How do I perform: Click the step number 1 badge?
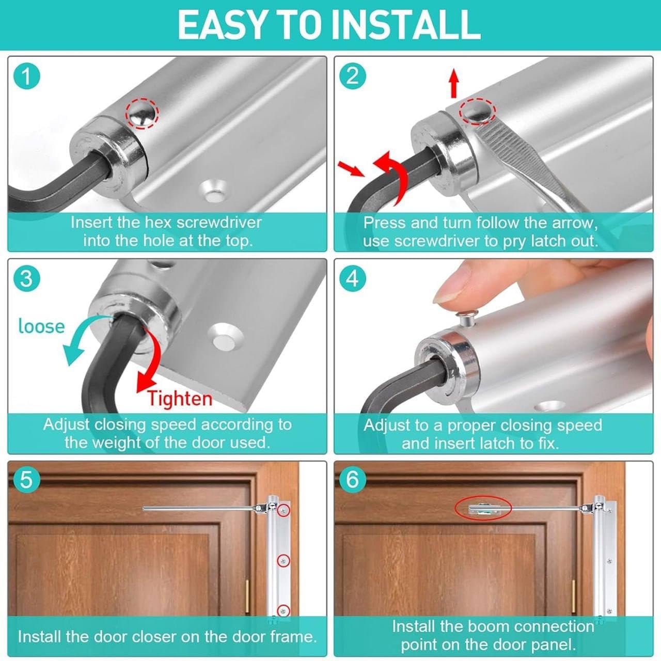point(26,76)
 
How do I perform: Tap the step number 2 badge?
point(352,76)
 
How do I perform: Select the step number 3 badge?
point(26,278)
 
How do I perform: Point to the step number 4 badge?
point(352,278)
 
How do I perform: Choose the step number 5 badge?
point(26,480)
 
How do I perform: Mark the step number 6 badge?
point(352,480)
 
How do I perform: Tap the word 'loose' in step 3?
point(41,326)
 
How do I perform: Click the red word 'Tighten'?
point(180,399)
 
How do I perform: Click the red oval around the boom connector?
point(483,509)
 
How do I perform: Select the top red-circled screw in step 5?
point(284,510)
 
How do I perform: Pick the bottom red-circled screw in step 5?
point(284,610)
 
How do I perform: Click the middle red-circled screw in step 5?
point(284,560)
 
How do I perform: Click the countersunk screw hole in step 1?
point(214,191)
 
